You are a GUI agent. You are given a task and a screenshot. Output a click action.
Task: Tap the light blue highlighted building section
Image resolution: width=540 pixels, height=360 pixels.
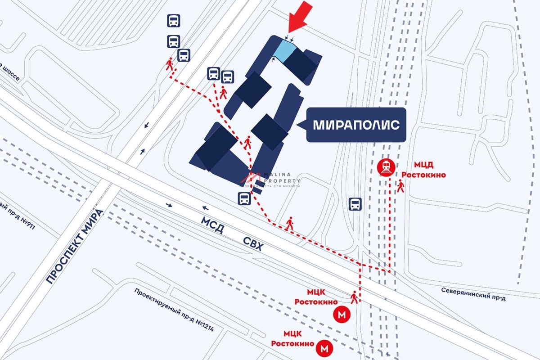tap(285, 50)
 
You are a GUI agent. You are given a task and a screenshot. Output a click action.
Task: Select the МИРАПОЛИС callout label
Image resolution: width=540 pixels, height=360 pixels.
tap(356, 125)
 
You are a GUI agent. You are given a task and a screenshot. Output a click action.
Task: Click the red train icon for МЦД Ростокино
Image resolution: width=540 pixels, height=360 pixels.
tap(387, 168)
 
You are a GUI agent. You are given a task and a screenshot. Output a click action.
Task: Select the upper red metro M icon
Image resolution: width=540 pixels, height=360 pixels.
tap(342, 315)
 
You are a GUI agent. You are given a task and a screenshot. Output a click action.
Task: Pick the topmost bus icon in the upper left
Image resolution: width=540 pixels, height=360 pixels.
tap(174, 20)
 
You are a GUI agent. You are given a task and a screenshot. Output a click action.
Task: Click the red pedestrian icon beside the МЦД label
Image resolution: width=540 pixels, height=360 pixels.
tap(400, 186)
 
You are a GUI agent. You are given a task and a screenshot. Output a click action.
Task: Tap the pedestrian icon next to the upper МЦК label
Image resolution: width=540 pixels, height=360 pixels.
tap(355, 297)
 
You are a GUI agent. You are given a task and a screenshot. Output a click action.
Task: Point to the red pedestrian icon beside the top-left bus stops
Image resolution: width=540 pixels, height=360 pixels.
tap(170, 64)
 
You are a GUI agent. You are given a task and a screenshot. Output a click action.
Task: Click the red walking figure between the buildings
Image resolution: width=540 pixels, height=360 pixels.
tap(247, 143)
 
